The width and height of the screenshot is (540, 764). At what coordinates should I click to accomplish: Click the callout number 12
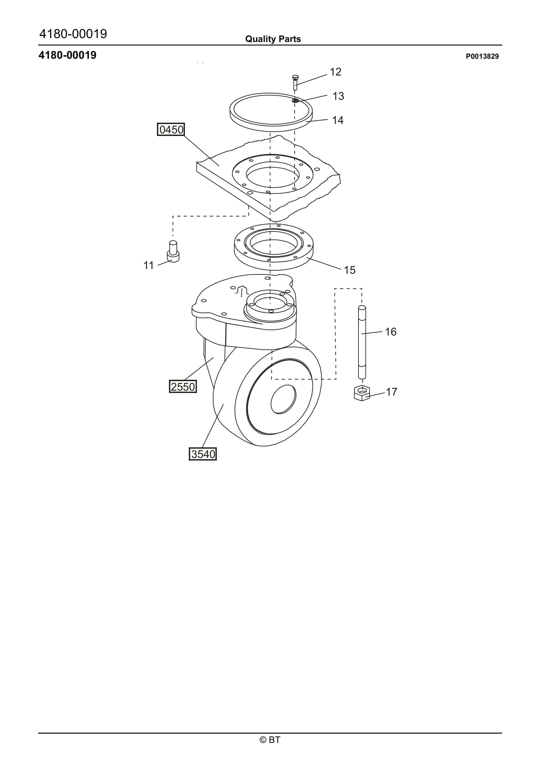coord(336,72)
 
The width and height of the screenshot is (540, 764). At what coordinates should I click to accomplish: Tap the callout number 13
coord(338,96)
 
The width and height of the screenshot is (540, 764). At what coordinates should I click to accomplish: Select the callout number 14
coord(338,120)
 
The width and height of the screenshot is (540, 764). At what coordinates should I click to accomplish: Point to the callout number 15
coord(350,270)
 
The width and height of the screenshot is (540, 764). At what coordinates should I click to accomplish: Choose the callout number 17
coord(392,392)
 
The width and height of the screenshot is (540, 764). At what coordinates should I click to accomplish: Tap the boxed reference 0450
coord(171,130)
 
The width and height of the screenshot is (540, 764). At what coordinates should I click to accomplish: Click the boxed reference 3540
coord(203,454)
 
